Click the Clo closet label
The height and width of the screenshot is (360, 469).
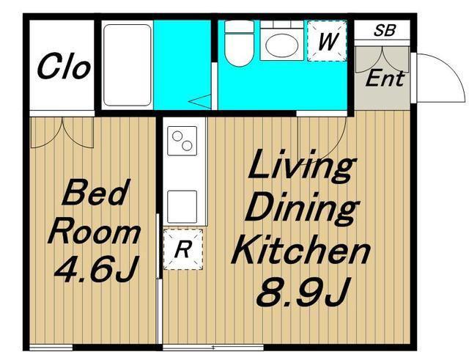64,66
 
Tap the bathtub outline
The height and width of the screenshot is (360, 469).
127,65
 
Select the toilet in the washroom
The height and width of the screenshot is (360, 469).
239,43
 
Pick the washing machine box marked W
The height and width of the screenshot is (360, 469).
328,41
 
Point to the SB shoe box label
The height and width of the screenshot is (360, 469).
385,30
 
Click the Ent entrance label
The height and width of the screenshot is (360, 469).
385,78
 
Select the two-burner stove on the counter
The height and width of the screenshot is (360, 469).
182,141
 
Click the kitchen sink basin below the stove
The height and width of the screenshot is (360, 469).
182,207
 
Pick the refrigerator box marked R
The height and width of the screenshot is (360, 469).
183,249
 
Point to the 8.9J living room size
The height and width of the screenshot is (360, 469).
302,293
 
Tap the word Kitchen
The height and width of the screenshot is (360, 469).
300,250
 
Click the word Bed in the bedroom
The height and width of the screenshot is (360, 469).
94,192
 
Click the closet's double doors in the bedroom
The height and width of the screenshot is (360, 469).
62,133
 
